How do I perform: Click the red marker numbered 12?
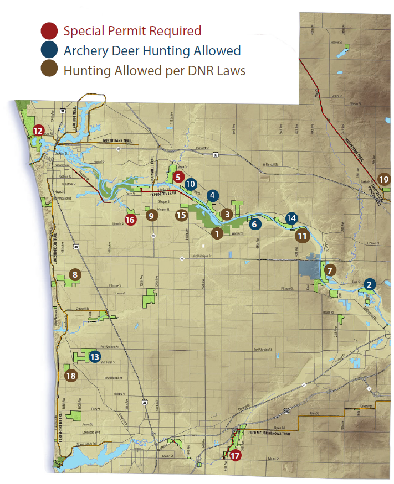click(38, 131)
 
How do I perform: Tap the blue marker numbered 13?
click(95, 357)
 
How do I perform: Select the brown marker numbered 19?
click(384, 179)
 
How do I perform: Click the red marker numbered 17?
click(236, 456)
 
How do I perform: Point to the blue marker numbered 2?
click(369, 285)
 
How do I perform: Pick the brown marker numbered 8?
click(75, 274)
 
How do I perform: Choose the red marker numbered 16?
click(131, 220)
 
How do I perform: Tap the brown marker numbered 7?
click(330, 270)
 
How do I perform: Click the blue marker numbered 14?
click(291, 218)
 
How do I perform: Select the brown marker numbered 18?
click(70, 376)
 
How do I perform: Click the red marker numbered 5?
click(178, 177)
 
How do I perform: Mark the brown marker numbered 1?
click(217, 233)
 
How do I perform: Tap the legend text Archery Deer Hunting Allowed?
click(152, 51)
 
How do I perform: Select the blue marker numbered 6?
click(254, 224)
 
